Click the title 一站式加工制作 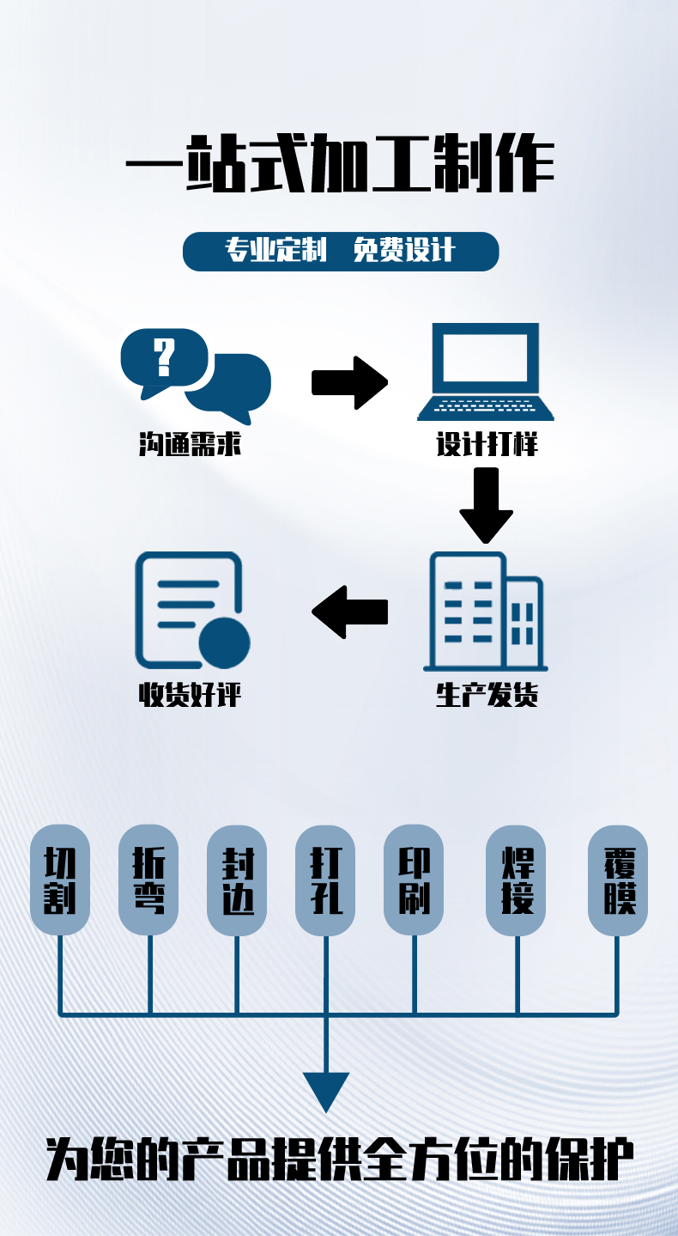[x=340, y=163]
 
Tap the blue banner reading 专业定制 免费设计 [x=341, y=252]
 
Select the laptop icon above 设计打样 [x=486, y=371]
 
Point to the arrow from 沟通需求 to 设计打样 [x=349, y=382]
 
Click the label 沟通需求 [x=190, y=444]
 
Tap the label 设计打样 [x=487, y=444]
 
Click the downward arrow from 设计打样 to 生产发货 [x=486, y=505]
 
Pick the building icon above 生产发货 [x=486, y=612]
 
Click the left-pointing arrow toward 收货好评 [x=349, y=612]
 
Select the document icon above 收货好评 [x=191, y=611]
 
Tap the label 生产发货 [x=487, y=694]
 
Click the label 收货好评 [x=190, y=694]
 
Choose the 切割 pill [x=60, y=880]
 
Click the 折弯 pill [x=148, y=880]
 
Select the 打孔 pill [x=325, y=880]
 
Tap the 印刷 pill [x=414, y=880]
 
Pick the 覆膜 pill [x=618, y=880]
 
